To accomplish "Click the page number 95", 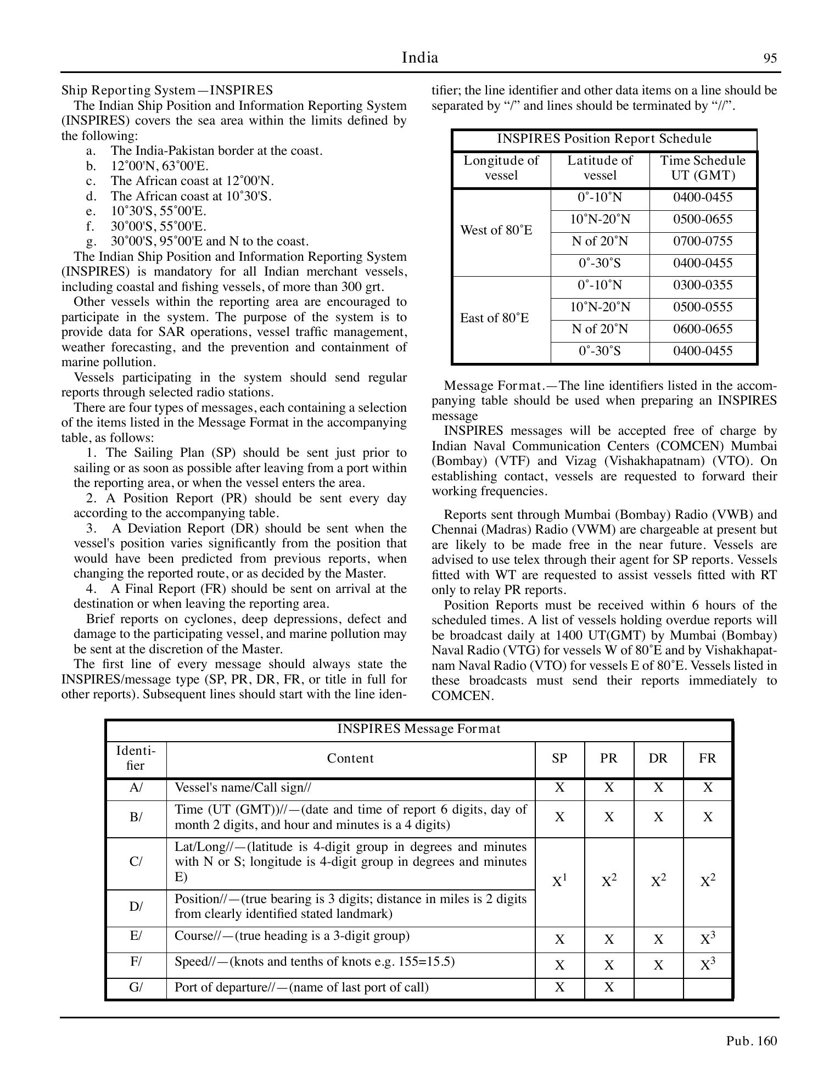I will pos(770,59).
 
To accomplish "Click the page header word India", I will pos(420,58).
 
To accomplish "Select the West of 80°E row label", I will pos(496,230).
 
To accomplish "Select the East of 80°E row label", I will pos(495,318).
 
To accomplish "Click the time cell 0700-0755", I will pos(703,241).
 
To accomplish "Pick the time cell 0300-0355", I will pos(703,285).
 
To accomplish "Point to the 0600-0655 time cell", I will pos(703,329).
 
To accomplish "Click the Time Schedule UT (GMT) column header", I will pos(703,168).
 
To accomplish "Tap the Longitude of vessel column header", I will pos(501,168).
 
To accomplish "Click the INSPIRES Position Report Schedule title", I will pos(604,139).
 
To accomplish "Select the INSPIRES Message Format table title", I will pos(418,729).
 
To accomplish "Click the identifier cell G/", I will pos(136,987).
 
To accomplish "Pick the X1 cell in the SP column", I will pos(559,882).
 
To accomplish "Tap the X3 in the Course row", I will pos(708,939).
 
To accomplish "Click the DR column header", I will pos(658,759).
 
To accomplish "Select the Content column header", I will pos(350,759).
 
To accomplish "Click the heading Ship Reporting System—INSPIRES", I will pos(167,90).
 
